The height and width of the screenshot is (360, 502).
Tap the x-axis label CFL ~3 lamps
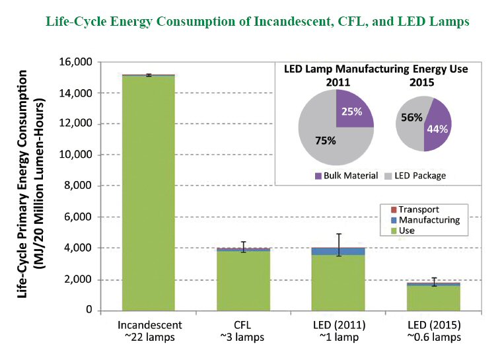click(x=242, y=331)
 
